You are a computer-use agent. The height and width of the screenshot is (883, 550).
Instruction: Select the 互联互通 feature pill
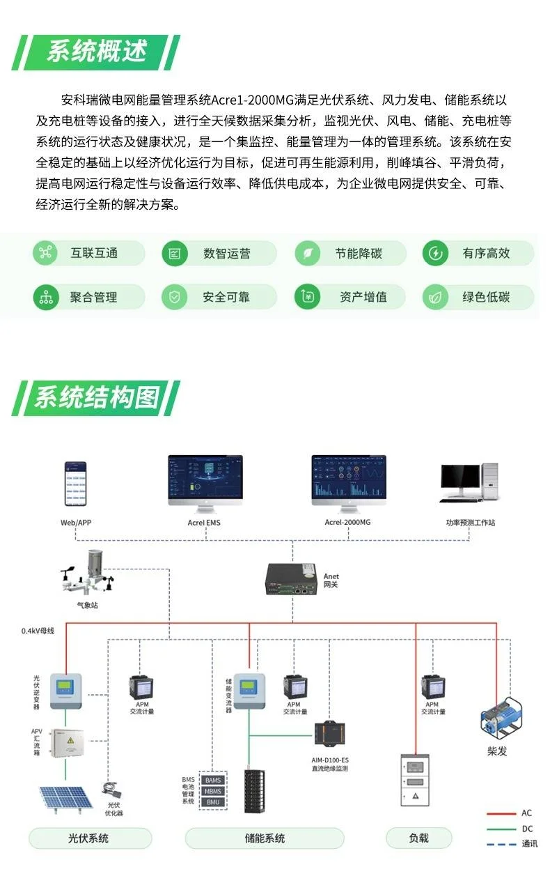88,253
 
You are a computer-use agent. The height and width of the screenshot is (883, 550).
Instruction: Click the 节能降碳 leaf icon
306,253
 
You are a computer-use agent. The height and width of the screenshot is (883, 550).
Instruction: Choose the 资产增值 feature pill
349,298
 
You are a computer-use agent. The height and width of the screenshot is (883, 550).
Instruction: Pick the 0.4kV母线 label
38,631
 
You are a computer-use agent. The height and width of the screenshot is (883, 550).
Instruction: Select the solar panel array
65,797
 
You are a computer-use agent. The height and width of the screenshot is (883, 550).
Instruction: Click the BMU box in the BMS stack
212,802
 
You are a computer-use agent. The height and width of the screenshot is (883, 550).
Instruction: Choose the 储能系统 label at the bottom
265,838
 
